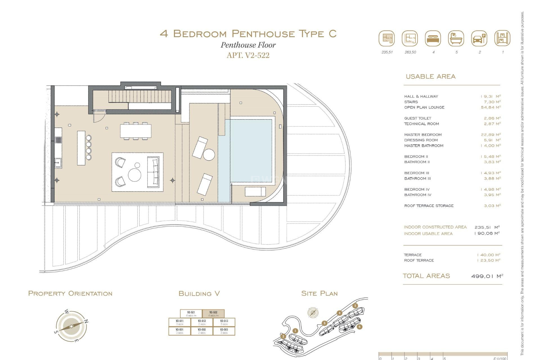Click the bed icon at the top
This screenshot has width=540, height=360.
point(433,39)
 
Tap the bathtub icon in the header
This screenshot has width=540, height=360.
point(456,39)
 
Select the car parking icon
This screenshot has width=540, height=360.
point(479,39)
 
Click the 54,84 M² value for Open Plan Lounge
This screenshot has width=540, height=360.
point(490,107)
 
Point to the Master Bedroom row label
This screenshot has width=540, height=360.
point(423,135)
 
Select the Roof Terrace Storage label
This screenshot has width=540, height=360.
point(429,206)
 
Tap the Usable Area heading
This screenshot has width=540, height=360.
point(430,76)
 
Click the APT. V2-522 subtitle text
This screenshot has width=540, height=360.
point(248,55)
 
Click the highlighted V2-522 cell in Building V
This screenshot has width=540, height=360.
point(213,314)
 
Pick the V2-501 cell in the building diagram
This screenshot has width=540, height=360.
point(179,331)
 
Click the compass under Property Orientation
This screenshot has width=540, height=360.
point(71,326)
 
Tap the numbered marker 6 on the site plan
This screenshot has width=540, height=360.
point(359,327)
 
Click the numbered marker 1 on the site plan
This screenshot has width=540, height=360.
point(295,331)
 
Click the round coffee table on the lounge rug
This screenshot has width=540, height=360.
point(134,175)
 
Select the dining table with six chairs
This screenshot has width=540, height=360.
point(136,131)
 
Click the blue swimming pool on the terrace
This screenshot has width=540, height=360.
point(247,152)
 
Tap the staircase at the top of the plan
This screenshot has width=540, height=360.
point(140,96)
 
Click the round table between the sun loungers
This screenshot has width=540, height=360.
point(209,155)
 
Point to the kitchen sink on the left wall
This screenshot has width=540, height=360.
point(58,163)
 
